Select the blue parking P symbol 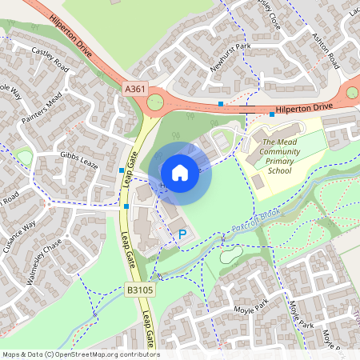click(x=182, y=234)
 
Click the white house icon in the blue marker click(x=180, y=172)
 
